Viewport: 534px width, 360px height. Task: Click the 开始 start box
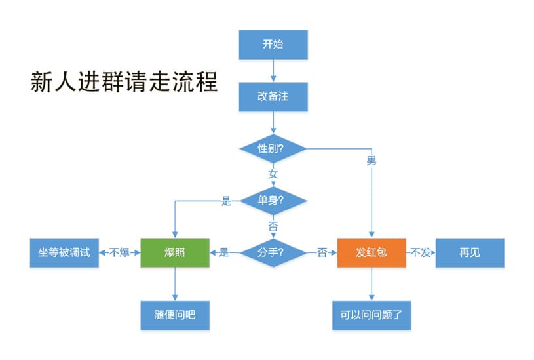273,45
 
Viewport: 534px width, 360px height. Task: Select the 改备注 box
273,96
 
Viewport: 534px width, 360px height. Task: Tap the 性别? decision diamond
273,149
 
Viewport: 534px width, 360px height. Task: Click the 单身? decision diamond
273,201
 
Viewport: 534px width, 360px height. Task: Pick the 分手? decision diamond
273,252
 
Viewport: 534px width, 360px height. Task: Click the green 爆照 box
175,252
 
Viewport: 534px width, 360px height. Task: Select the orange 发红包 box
372,252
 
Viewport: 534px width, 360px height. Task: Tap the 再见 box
470,252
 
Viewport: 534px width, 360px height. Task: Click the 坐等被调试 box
64,252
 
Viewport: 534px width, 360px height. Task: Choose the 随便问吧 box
175,315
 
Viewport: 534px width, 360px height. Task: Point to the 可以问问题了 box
372,315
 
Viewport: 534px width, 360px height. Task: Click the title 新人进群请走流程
124,82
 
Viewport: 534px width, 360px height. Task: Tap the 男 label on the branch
372,159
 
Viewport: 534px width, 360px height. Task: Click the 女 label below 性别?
273,174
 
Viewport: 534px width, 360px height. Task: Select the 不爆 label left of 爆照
120,252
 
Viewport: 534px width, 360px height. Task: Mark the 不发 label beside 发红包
421,252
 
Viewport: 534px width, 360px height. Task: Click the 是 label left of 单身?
227,201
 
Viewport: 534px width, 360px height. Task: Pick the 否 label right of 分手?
322,252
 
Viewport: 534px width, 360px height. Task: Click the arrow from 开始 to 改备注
273,70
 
